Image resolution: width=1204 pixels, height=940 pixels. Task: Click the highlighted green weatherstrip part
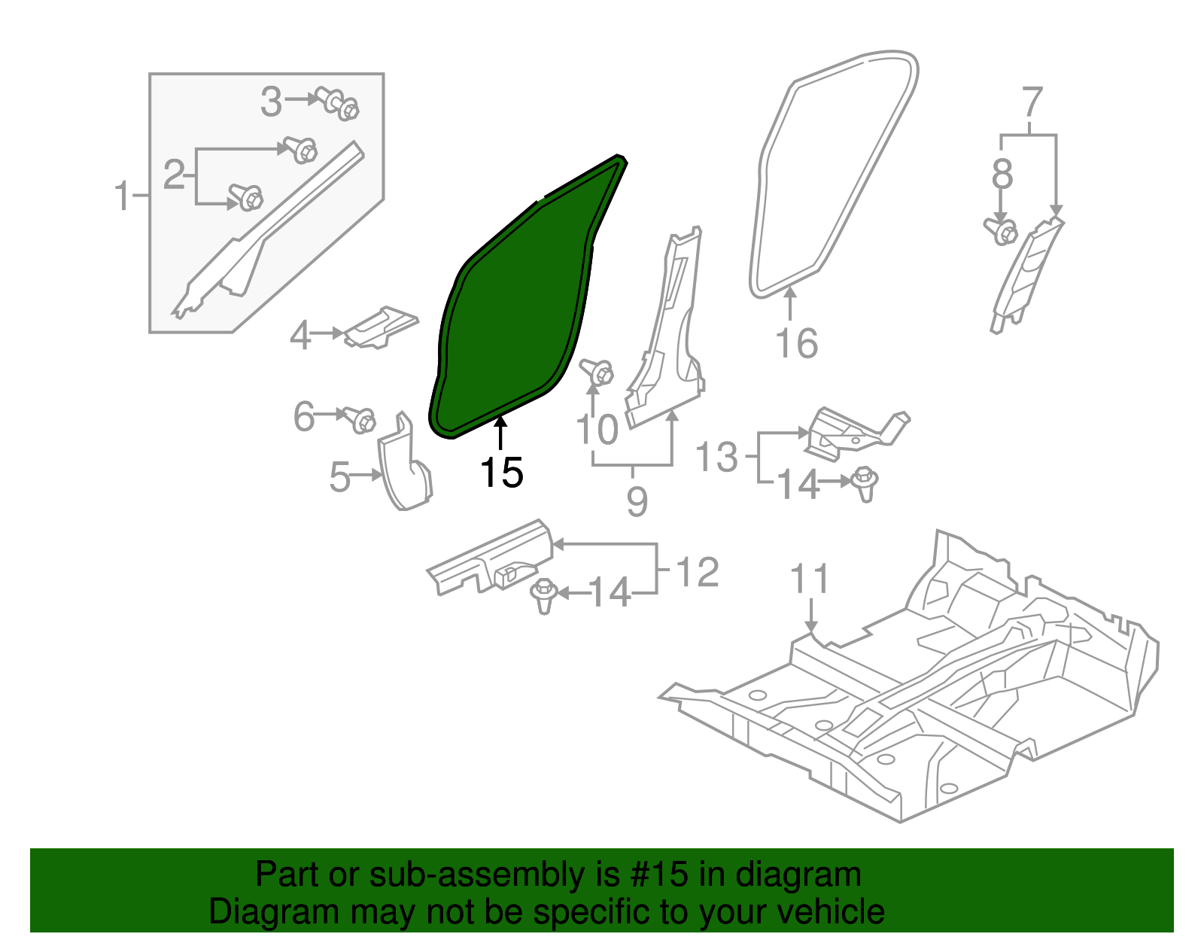click(x=519, y=309)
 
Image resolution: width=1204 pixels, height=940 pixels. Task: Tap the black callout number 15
click(x=501, y=473)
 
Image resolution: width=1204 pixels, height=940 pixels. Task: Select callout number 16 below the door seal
click(x=796, y=344)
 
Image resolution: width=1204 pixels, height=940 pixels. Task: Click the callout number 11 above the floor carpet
click(x=810, y=580)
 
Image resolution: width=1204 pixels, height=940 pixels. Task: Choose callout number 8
click(x=1002, y=175)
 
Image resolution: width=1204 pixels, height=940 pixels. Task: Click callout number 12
click(x=698, y=573)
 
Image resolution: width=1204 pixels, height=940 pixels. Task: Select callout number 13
click(x=716, y=457)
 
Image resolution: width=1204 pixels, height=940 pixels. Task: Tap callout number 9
click(x=637, y=501)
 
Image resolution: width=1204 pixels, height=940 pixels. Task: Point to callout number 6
click(x=303, y=416)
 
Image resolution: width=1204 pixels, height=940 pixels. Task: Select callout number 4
click(x=300, y=336)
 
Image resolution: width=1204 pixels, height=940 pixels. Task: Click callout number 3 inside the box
click(x=271, y=102)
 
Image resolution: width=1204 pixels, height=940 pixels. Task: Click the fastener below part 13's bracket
click(x=865, y=483)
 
